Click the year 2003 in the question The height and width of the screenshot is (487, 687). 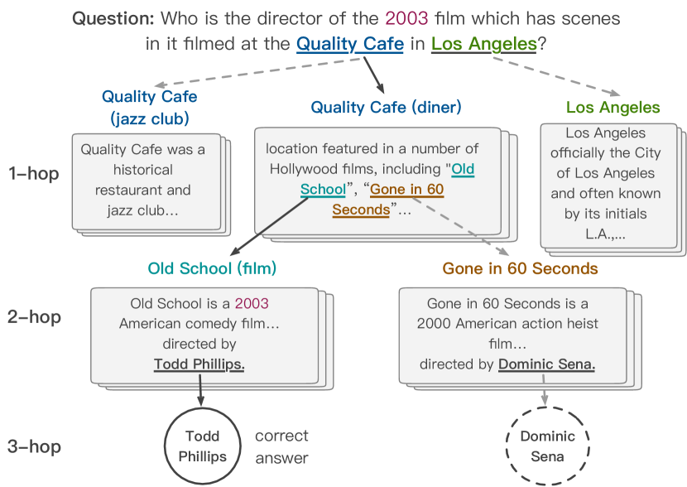point(406,18)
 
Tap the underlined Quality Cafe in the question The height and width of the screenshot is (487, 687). point(349,44)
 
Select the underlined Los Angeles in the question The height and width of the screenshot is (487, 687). point(483,44)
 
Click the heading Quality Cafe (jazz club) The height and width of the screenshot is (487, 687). point(150,108)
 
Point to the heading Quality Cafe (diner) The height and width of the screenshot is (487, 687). point(386,108)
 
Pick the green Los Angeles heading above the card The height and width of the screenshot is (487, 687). point(613,108)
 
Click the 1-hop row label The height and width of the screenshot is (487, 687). point(34,174)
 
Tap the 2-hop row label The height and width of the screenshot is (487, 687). point(34,317)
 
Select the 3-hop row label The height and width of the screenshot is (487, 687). point(34,446)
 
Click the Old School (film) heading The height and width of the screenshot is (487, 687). point(212,268)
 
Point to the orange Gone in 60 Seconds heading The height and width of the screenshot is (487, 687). point(520,268)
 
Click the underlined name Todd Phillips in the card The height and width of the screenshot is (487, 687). point(199,364)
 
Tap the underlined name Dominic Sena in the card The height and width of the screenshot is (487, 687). point(546,364)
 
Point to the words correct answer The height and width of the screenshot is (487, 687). point(281,446)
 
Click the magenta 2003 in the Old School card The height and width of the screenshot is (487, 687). point(252,303)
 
